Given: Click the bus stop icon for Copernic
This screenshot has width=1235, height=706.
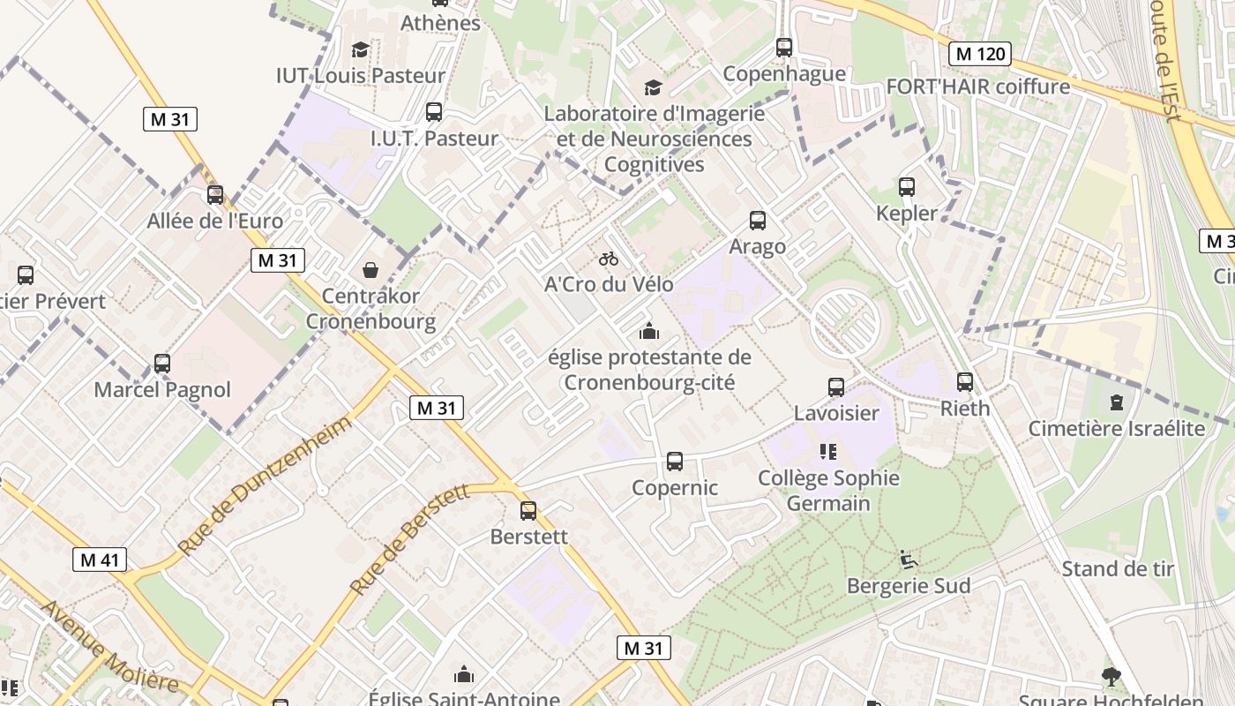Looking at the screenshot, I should tap(675, 461).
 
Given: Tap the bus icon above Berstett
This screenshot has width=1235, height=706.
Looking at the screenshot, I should tap(528, 510).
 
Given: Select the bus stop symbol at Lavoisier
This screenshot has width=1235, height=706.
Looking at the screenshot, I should tap(836, 387).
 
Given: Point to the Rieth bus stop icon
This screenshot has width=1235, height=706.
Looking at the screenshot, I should tap(965, 382).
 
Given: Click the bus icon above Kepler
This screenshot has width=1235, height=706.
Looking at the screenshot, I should tap(907, 187).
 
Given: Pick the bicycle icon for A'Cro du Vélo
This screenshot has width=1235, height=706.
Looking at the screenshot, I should tap(609, 259).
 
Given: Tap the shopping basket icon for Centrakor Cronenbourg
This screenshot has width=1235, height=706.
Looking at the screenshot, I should tap(370, 269).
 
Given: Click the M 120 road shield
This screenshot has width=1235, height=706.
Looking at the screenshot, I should tap(980, 54).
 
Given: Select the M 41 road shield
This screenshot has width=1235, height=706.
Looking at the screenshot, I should tap(100, 560).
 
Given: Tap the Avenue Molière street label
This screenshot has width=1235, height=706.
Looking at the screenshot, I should tap(109, 646).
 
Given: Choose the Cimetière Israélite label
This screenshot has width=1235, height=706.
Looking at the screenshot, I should tap(1116, 429).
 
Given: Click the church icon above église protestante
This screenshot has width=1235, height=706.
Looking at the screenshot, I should tap(649, 332).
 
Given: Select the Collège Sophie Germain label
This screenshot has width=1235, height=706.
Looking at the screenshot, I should tap(828, 491).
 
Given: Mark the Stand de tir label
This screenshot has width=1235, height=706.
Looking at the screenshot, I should tap(1118, 568).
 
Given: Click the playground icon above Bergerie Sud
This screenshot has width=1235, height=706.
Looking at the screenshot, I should tap(908, 560).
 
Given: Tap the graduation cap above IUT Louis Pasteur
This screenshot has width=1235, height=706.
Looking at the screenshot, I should tap(360, 49).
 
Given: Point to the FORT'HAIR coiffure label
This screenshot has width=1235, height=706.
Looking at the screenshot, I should tap(977, 86).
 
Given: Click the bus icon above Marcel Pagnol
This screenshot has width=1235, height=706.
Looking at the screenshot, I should tap(162, 363).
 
